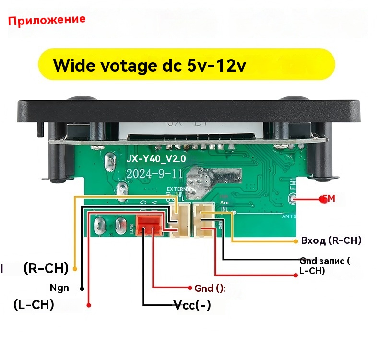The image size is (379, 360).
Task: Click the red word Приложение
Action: point(47,20)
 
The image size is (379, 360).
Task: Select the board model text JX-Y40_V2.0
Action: point(156,159)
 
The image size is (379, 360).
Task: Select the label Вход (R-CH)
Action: point(331,240)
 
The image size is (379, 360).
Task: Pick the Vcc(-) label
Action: point(192,305)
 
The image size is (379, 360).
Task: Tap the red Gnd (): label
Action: point(210,288)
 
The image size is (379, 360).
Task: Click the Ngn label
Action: point(59,288)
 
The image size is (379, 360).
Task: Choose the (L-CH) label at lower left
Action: point(34,305)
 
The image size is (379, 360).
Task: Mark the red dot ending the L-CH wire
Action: point(89,305)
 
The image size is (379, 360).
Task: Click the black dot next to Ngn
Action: point(82,288)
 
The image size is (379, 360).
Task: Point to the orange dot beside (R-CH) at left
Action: point(74,267)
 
